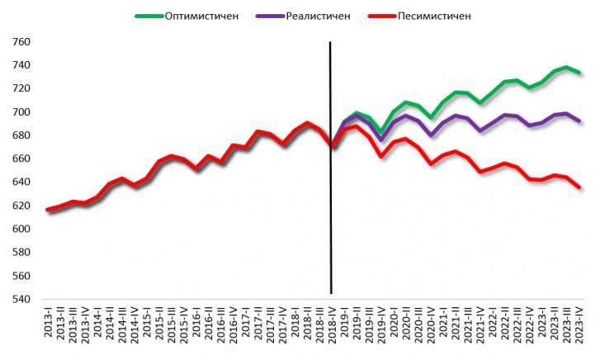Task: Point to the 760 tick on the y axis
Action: [x=21, y=42]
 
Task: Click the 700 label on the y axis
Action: [x=21, y=112]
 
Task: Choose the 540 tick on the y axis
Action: [x=21, y=299]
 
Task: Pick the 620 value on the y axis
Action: [x=21, y=206]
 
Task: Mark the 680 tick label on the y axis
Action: [x=21, y=135]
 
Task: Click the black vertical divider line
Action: [x=331, y=206]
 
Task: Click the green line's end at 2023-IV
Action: [x=579, y=73]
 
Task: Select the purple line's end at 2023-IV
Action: [x=579, y=121]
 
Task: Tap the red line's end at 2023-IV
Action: [x=579, y=187]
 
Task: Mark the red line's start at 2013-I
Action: [x=48, y=211]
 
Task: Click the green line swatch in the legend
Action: [x=151, y=16]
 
